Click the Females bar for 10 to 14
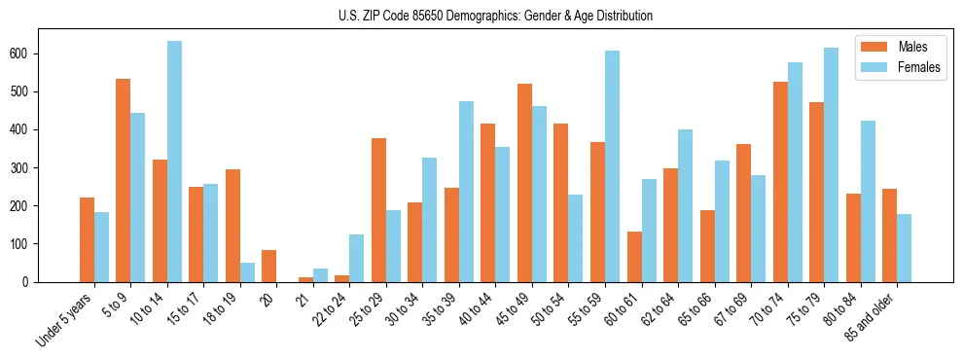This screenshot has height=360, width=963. click(174, 162)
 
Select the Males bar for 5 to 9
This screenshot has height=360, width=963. click(124, 180)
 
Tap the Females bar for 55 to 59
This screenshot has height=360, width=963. click(612, 166)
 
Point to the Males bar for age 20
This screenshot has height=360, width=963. click(269, 266)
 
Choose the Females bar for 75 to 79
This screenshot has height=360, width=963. click(831, 164)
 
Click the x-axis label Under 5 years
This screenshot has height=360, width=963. click(66, 318)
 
